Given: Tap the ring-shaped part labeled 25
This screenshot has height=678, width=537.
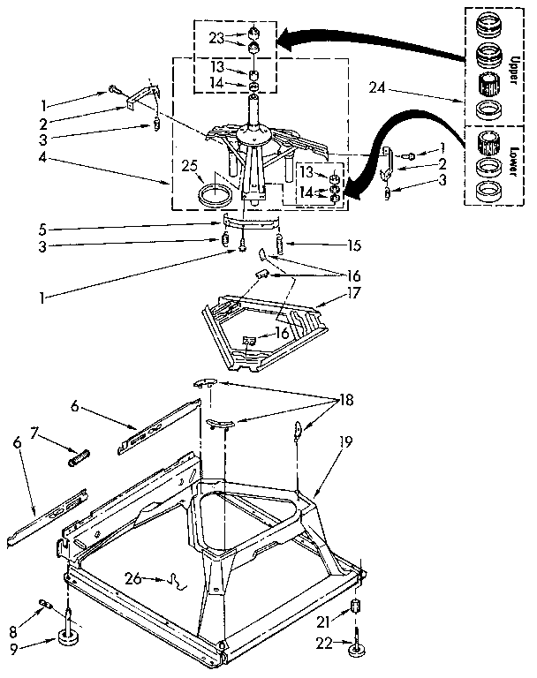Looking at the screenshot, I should pyautogui.click(x=216, y=194).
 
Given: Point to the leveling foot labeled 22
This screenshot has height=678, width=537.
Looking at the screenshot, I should pyautogui.click(x=357, y=650).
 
